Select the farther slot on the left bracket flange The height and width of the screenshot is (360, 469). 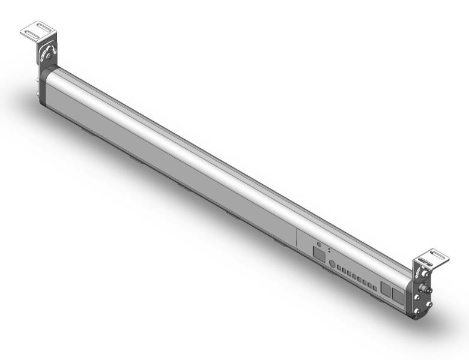[x=38, y=26]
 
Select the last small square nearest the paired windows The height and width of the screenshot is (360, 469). [x=375, y=287]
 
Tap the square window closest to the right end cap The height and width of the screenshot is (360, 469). [x=398, y=295]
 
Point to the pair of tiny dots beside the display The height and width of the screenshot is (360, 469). [x=330, y=250]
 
